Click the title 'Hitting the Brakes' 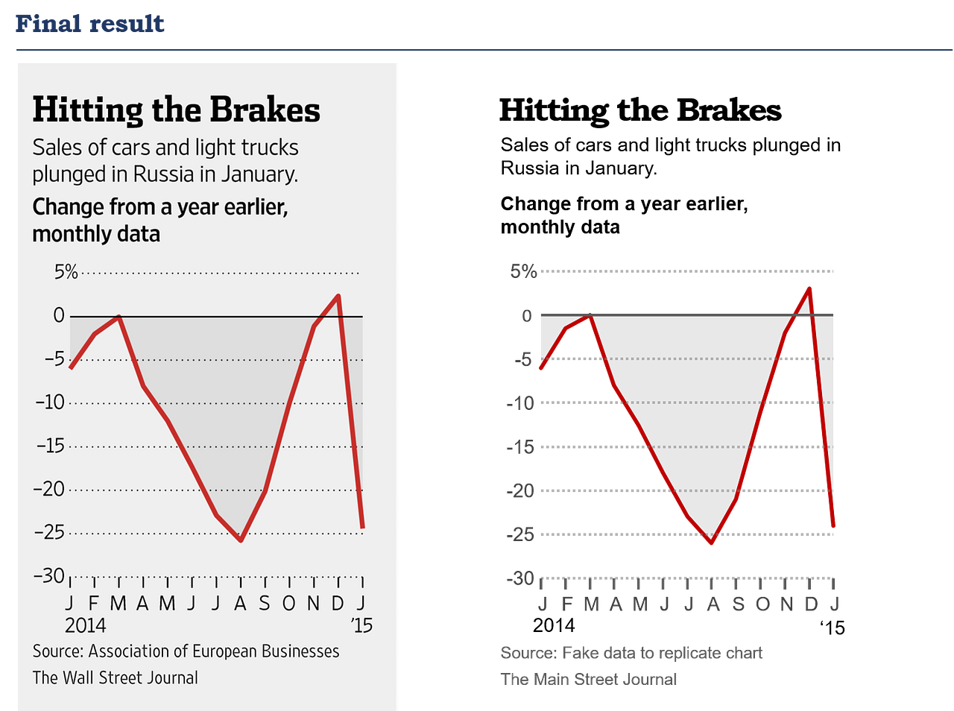176,110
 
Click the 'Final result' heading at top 89,23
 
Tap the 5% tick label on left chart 66,272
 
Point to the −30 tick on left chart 49,575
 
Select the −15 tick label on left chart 50,446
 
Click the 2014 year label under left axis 86,625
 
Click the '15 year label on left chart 361,625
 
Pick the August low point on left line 241,540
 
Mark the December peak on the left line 338,297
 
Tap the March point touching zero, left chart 119,317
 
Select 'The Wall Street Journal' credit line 115,677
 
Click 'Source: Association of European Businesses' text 186,651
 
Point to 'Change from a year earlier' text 159,206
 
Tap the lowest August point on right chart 711,543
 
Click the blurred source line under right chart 631,654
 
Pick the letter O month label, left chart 289,603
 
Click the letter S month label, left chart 265,603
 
